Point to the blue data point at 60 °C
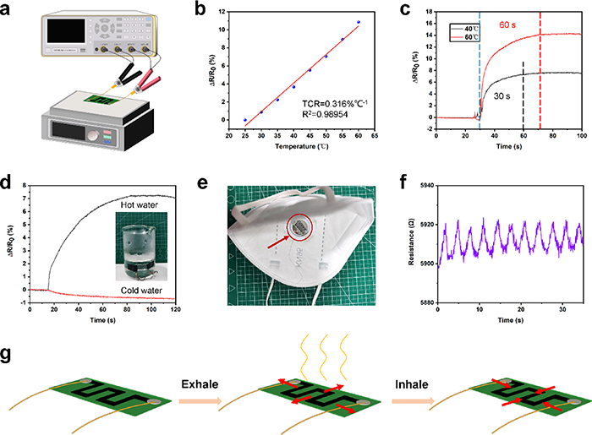[359, 22]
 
